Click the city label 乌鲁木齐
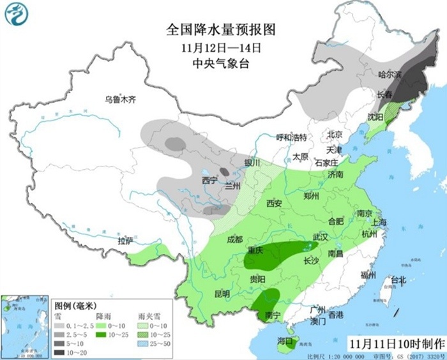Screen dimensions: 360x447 (121, 99)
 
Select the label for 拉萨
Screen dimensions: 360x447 (125, 241)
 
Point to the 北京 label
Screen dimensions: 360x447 (335, 135)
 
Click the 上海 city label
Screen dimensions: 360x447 (379, 222)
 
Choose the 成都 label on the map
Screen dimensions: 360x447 (234, 239)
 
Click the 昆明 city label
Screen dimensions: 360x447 (222, 294)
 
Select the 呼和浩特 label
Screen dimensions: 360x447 (291, 137)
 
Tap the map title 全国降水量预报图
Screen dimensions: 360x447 (220, 29)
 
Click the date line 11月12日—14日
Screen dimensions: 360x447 (221, 47)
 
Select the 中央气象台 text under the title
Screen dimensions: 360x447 (220, 63)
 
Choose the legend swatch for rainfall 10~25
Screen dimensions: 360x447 (102, 333)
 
